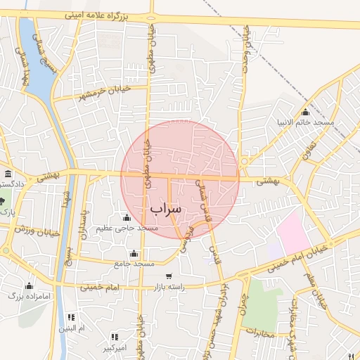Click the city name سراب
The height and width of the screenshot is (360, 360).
coord(165,209)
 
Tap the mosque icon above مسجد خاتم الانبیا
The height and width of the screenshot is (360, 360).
coord(305,112)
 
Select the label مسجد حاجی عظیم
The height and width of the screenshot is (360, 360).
coord(128,229)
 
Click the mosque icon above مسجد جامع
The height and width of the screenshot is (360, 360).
coord(134,254)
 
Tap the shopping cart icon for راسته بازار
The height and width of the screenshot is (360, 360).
coord(168,276)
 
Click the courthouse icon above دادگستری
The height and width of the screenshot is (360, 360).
coord(8,174)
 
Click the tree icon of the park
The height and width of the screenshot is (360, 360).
coord(3,202)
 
